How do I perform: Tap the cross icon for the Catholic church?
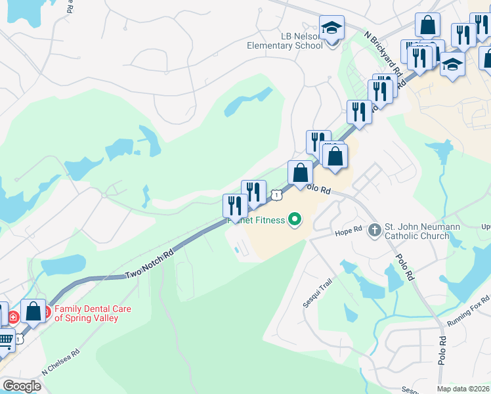(x=374, y=230)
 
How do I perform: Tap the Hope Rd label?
(x=348, y=232)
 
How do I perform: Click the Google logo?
(x=22, y=386)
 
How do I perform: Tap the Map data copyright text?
(x=463, y=389)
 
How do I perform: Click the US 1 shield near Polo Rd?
(x=278, y=194)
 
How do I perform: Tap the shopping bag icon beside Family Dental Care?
(x=33, y=311)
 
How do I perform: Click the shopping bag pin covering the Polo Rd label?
(x=300, y=173)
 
